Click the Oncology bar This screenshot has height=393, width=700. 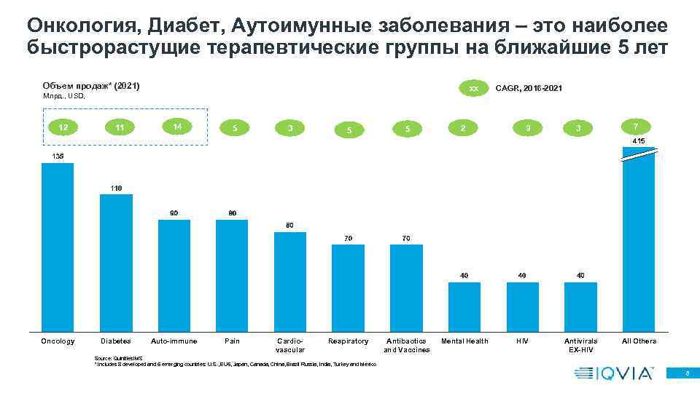click(x=58, y=247)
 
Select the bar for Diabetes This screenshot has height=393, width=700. click(x=116, y=263)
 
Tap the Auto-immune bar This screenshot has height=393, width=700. click(x=174, y=276)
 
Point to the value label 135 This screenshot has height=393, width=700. click(x=58, y=156)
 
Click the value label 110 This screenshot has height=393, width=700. click(x=116, y=188)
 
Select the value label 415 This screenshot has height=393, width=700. click(x=638, y=140)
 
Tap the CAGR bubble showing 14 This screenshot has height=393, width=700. click(x=174, y=125)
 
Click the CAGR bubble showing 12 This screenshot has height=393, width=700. click(x=64, y=127)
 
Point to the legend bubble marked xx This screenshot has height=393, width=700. click(x=472, y=88)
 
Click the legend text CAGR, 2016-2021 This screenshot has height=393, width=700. click(x=529, y=88)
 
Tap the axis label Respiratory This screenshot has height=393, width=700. click(x=348, y=341)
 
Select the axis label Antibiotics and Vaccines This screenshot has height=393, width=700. click(x=406, y=345)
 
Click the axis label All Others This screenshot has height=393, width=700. click(x=639, y=341)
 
